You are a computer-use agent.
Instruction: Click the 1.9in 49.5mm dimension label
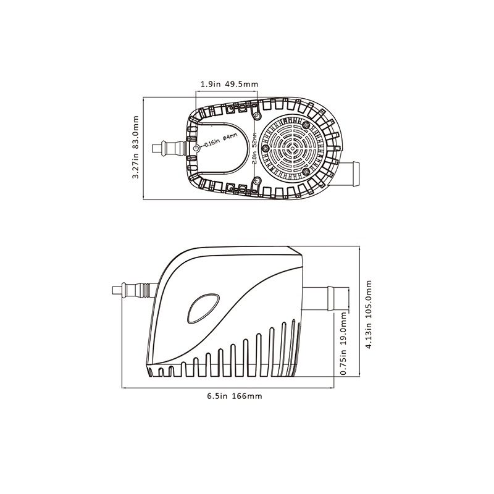click(x=229, y=84)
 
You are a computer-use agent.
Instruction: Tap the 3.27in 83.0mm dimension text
click(x=135, y=147)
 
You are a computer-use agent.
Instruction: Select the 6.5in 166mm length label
click(x=235, y=396)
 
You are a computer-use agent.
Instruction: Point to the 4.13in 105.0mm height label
click(x=369, y=314)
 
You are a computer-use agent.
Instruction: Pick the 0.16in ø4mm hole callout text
click(x=220, y=141)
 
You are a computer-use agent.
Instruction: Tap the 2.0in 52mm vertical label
click(x=254, y=148)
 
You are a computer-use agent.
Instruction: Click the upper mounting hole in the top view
click(x=257, y=117)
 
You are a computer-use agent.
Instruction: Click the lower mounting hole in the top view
click(x=257, y=181)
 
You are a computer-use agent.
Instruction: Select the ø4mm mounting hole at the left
click(x=196, y=148)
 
